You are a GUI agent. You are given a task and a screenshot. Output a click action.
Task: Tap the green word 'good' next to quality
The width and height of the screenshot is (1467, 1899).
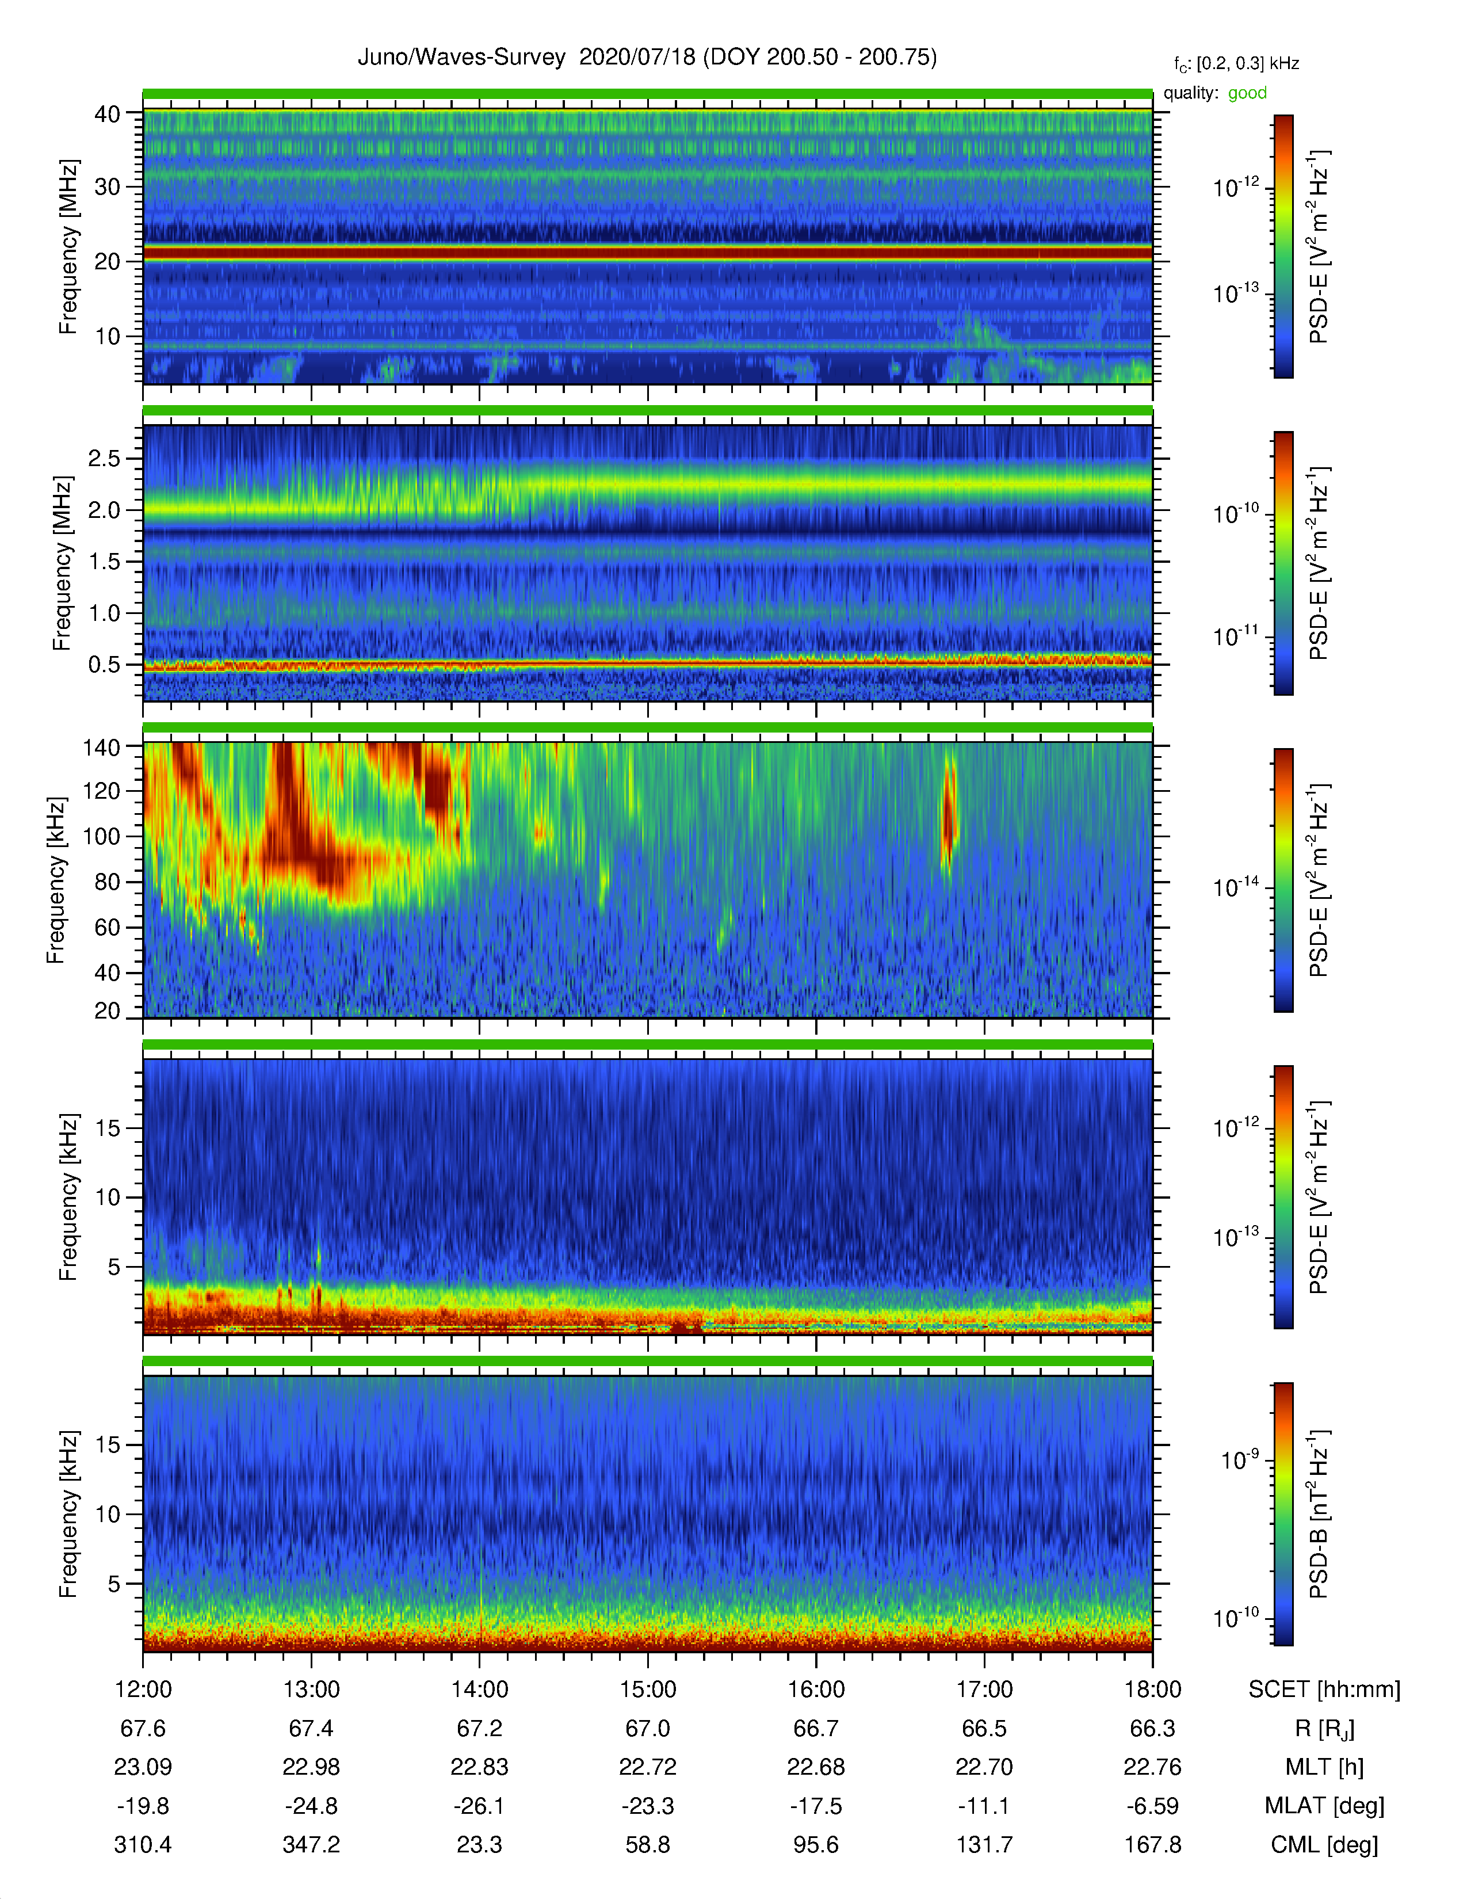pyautogui.click(x=1247, y=93)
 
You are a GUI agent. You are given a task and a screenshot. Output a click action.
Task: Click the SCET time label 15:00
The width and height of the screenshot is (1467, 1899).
pyautogui.click(x=647, y=1690)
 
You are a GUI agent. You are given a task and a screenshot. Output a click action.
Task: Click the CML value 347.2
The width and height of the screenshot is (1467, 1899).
pyautogui.click(x=311, y=1845)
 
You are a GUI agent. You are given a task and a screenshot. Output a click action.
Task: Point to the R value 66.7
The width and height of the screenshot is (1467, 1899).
pyautogui.click(x=816, y=1729)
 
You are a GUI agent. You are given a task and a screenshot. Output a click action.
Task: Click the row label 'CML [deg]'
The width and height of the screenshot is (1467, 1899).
pyautogui.click(x=1324, y=1845)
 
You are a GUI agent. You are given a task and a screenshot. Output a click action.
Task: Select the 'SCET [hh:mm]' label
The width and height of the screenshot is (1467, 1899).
pyautogui.click(x=1324, y=1690)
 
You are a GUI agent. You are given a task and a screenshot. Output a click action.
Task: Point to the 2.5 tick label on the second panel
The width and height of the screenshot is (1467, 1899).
pyautogui.click(x=104, y=458)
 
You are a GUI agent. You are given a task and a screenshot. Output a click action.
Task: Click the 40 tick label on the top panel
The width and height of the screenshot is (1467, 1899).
pyautogui.click(x=108, y=114)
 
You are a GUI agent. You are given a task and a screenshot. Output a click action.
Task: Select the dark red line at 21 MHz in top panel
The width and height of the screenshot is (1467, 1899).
pyautogui.click(x=647, y=253)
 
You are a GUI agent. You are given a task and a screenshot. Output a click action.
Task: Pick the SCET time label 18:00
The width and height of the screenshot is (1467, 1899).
pyautogui.click(x=1152, y=1690)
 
